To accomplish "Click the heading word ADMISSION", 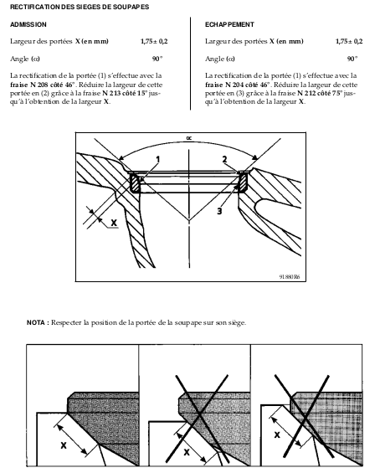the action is [28, 24].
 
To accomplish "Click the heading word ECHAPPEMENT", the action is [229, 24].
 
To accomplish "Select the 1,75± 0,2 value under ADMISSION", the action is [154, 41].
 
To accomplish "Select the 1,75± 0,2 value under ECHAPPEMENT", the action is [349, 41].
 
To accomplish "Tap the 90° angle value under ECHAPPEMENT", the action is [352, 59].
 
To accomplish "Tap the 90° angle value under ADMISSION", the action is [157, 59].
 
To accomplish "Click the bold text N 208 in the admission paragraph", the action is [39, 85].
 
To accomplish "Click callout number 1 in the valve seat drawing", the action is [157, 160].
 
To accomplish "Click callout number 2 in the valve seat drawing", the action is [224, 159].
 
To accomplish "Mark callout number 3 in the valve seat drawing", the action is [219, 211].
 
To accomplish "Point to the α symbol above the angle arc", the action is [189, 138].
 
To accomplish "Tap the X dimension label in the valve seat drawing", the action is [114, 223].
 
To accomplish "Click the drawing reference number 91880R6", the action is [290, 276].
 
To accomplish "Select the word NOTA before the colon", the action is [36, 322].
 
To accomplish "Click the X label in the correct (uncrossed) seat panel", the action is [64, 445].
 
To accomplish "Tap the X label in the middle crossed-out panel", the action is [187, 452].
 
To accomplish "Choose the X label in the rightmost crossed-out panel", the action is [277, 434].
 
